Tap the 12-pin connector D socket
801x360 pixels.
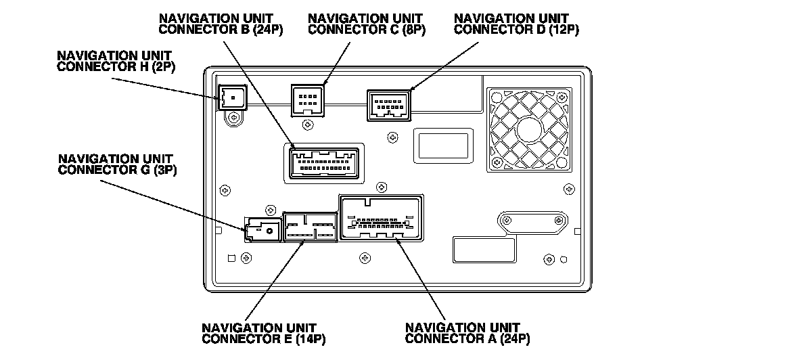pyautogui.click(x=389, y=106)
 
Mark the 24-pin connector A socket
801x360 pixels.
pyautogui.click(x=382, y=217)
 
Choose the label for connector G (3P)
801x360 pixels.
pyautogui.click(x=117, y=165)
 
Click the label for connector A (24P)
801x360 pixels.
pyautogui.click(x=467, y=333)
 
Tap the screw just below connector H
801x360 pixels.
pyautogui.click(x=233, y=118)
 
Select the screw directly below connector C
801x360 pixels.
pyautogui.click(x=308, y=124)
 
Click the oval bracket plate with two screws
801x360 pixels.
pyautogui.click(x=532, y=221)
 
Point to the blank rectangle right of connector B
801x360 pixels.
pyautogui.click(x=442, y=145)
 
